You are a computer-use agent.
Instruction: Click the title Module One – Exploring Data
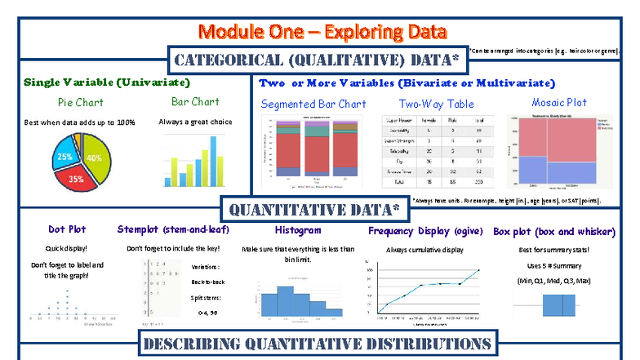point(322,32)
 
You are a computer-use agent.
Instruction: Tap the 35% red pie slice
point(76,176)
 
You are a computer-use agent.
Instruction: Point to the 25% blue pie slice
point(64,155)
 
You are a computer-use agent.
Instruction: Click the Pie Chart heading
point(80,102)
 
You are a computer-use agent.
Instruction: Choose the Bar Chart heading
point(195,102)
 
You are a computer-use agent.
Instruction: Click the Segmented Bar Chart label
point(313,104)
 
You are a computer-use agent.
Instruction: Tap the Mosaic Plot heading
point(559,102)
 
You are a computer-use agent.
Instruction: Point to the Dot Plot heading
point(67,229)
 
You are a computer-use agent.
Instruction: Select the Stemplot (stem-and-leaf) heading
point(173,229)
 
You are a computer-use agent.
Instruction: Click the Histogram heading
point(297,230)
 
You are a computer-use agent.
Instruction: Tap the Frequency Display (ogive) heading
point(424,230)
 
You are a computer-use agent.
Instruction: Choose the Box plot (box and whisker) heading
point(553,231)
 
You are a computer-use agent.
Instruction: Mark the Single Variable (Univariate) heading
point(107,82)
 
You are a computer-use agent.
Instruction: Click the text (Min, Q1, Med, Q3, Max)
point(553,281)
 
